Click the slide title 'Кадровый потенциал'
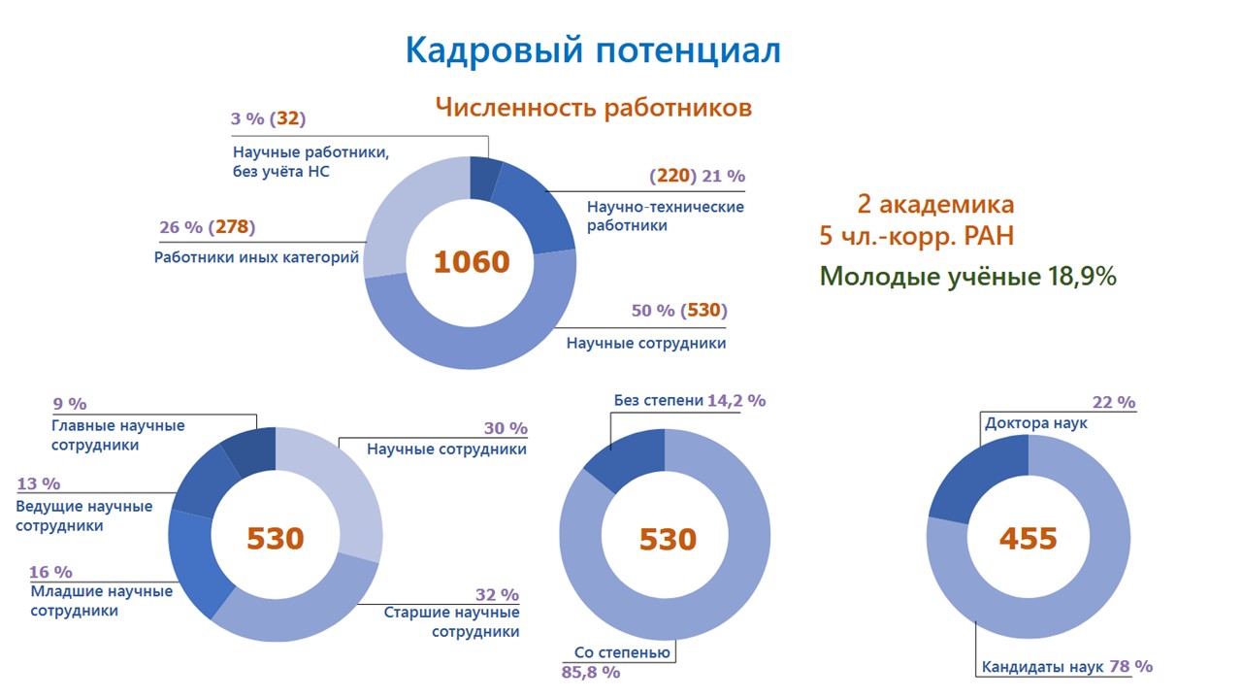pyautogui.click(x=592, y=50)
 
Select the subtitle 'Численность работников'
pyautogui.click(x=593, y=108)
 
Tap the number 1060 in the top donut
pyautogui.click(x=471, y=262)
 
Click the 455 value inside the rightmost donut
pyautogui.click(x=1028, y=538)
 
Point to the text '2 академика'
pyautogui.click(x=935, y=205)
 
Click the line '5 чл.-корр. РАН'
pyautogui.click(x=917, y=237)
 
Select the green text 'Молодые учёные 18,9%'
pyautogui.click(x=967, y=277)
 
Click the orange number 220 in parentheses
pyautogui.click(x=673, y=176)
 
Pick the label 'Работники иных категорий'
pyautogui.click(x=256, y=258)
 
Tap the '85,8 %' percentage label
pyautogui.click(x=591, y=672)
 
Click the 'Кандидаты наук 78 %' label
pyautogui.click(x=1066, y=667)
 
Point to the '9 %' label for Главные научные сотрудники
pyautogui.click(x=69, y=403)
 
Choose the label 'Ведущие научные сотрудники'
pyautogui.click(x=84, y=516)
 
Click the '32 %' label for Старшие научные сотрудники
pyautogui.click(x=497, y=594)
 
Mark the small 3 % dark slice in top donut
pyautogui.click(x=484, y=178)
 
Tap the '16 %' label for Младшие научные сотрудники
pyautogui.click(x=51, y=572)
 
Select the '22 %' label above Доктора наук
pyautogui.click(x=1113, y=402)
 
